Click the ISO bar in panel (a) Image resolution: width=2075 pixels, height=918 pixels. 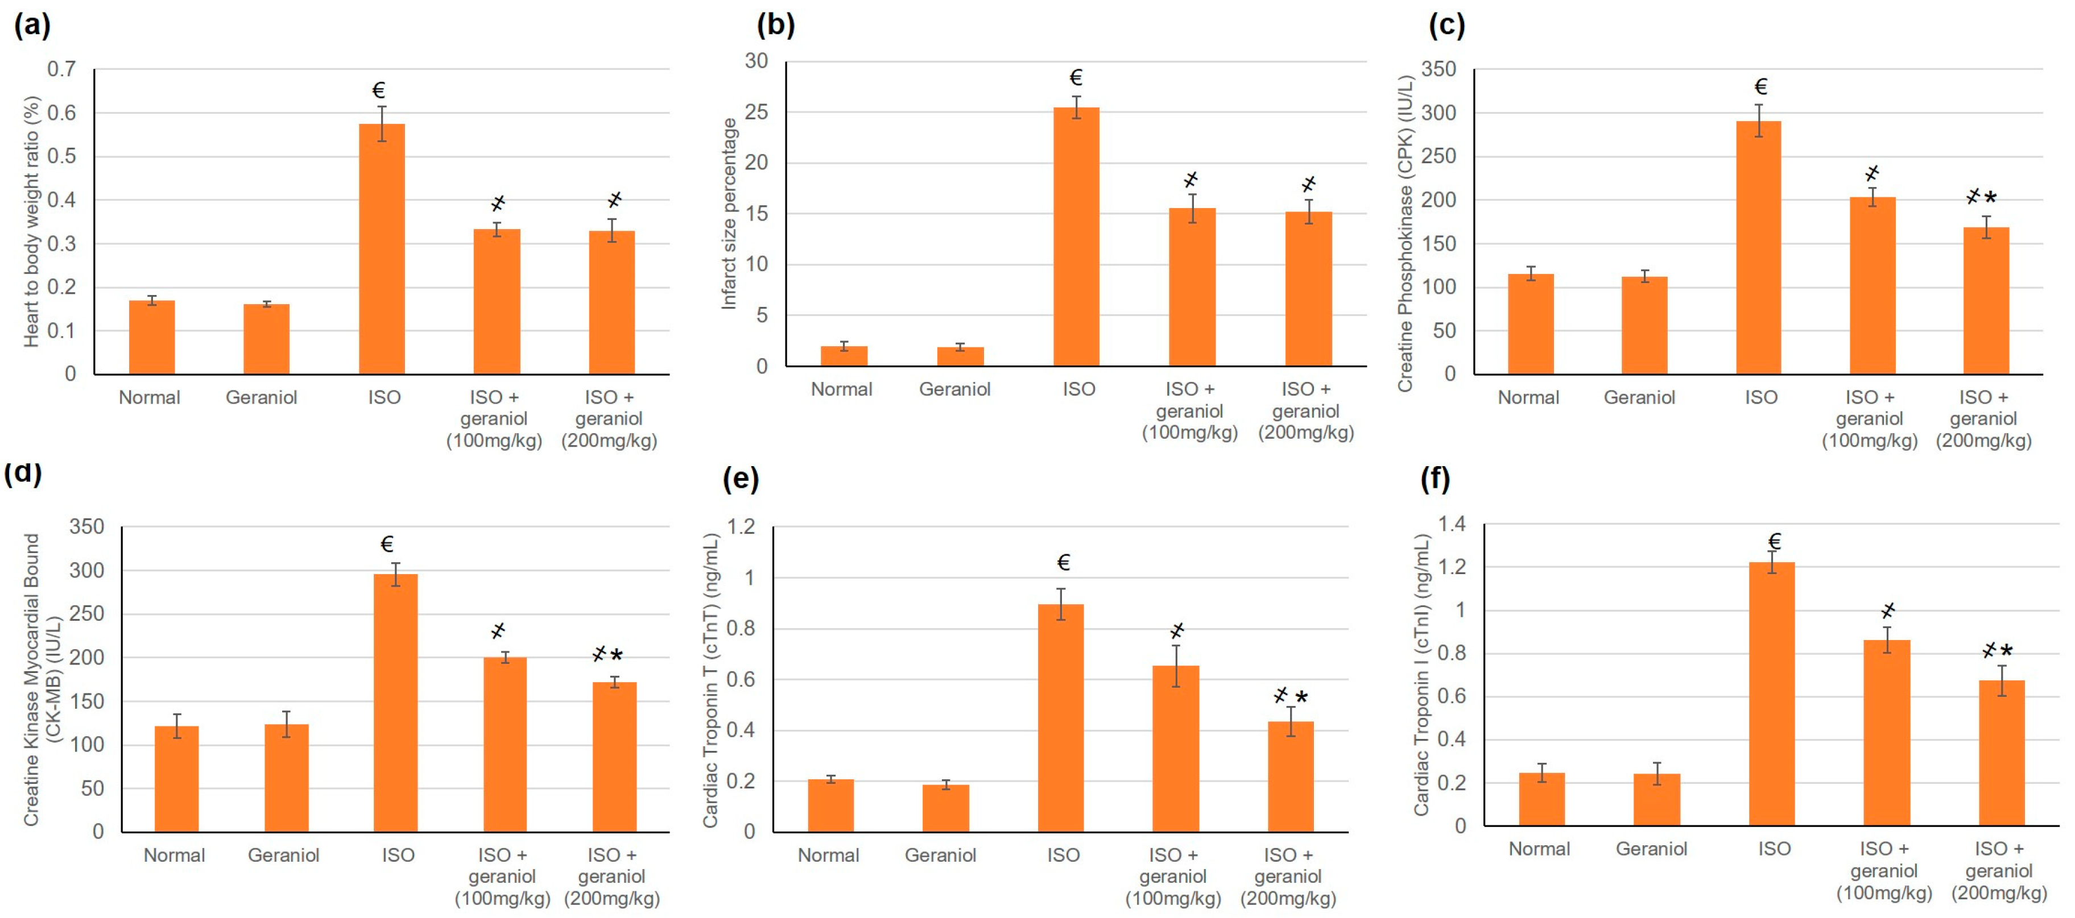[381, 250]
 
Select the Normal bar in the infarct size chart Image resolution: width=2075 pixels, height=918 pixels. [844, 356]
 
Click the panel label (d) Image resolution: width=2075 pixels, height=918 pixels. [23, 472]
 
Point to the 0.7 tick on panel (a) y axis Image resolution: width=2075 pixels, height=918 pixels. [61, 69]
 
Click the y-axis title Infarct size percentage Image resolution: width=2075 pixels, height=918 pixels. [729, 213]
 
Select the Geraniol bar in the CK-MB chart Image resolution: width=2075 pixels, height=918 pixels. [286, 778]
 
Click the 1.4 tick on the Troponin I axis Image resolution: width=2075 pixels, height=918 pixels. [1452, 524]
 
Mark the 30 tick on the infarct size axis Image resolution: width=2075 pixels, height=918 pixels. [755, 61]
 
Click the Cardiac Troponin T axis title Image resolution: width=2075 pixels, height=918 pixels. [710, 680]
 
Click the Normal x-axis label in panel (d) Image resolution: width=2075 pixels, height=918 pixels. [174, 855]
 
